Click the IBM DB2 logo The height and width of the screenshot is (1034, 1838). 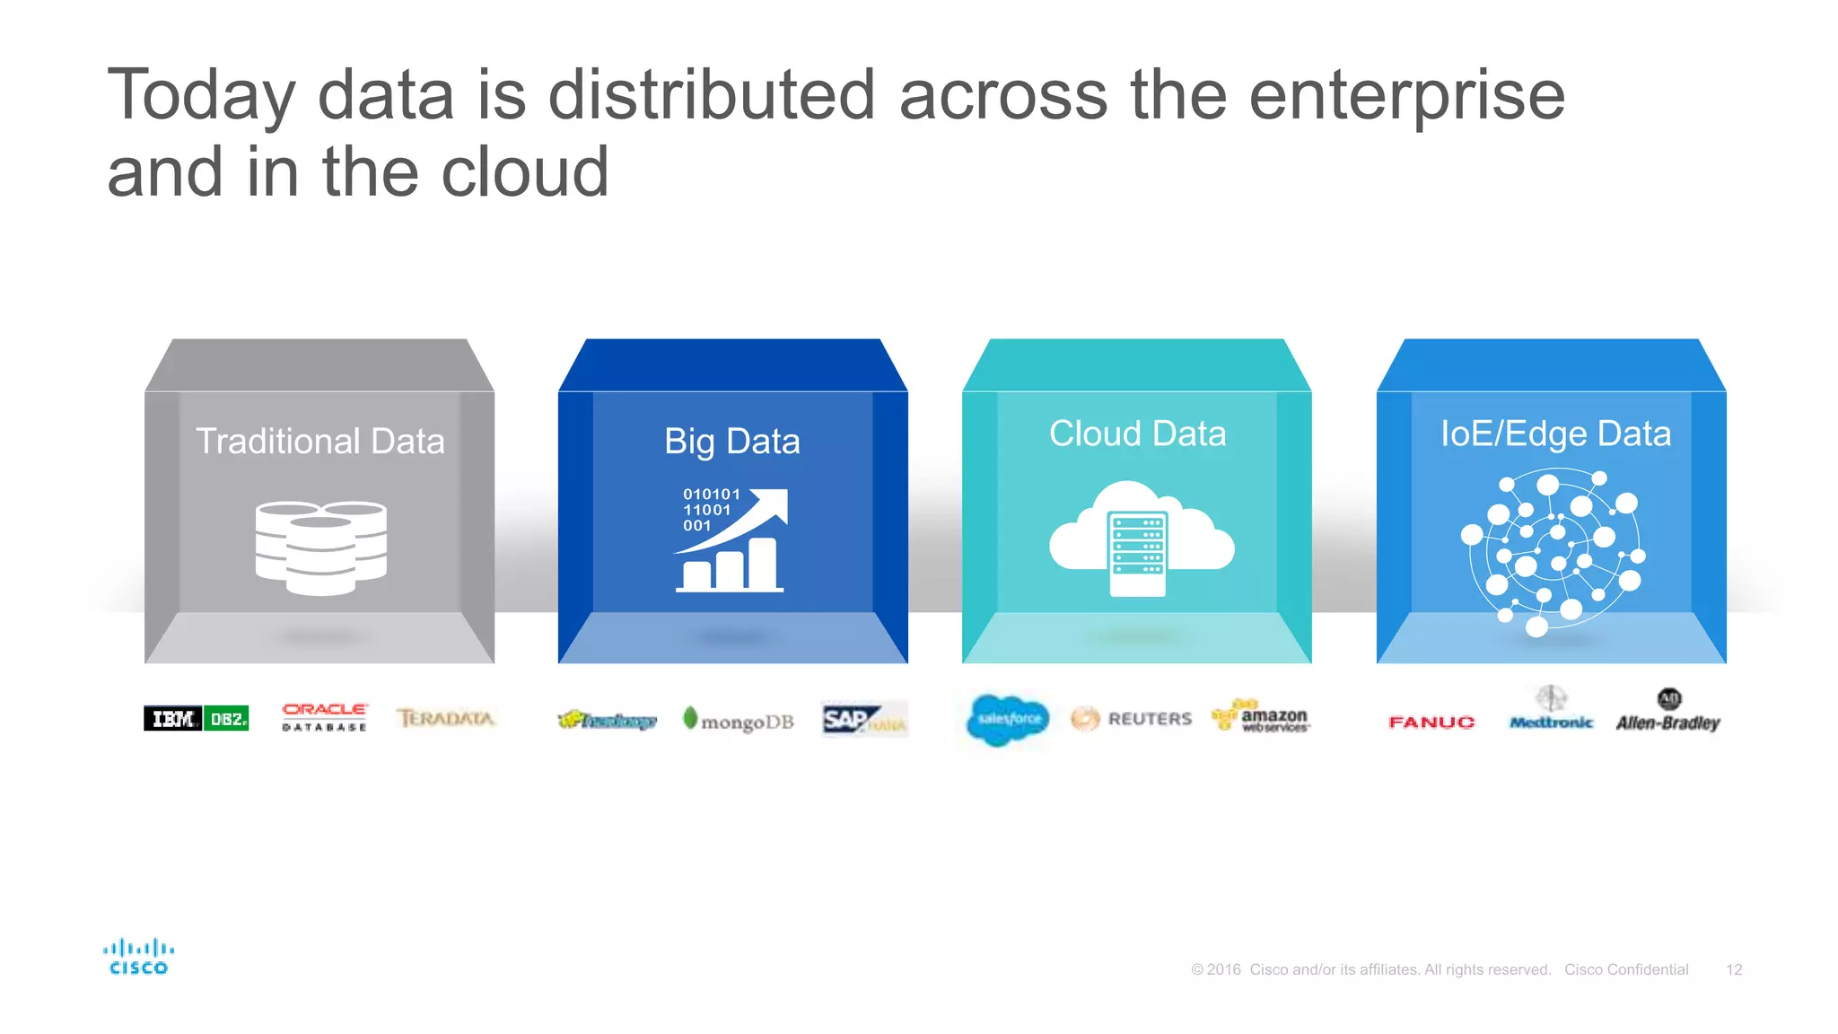[x=196, y=718]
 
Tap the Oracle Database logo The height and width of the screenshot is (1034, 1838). [x=324, y=717]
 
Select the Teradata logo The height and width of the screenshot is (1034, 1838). [x=446, y=718]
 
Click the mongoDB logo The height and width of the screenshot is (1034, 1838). [x=739, y=720]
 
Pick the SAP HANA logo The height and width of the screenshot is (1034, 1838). [x=864, y=719]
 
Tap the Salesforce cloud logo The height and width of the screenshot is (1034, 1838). [x=1008, y=719]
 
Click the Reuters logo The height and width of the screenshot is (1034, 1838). [x=1132, y=719]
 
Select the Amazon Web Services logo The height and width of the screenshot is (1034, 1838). [x=1261, y=717]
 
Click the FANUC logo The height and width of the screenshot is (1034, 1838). [x=1431, y=723]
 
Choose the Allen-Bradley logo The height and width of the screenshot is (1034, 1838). [x=1668, y=714]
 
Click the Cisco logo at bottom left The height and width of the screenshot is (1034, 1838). [x=138, y=957]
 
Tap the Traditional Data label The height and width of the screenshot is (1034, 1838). [x=320, y=442]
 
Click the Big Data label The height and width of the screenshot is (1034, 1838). [x=732, y=442]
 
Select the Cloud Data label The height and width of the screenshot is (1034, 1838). [x=1137, y=434]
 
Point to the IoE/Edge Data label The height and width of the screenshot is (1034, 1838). [x=1555, y=434]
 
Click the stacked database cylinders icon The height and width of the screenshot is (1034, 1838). [x=320, y=548]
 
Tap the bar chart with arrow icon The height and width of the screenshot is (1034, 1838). [x=732, y=540]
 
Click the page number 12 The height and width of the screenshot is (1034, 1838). [x=1734, y=969]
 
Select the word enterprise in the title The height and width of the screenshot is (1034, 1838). [x=1406, y=95]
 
